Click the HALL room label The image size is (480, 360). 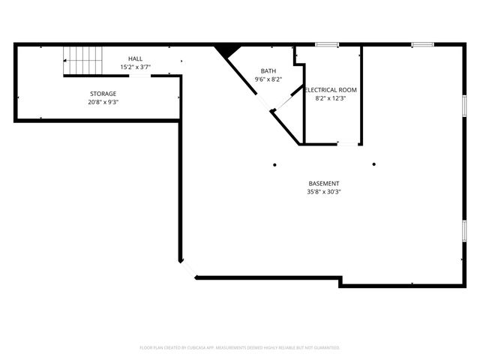(x=135, y=58)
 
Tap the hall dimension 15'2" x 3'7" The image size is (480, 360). (x=135, y=67)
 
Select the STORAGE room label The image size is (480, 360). (x=103, y=94)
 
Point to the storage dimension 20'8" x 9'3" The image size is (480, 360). (x=103, y=102)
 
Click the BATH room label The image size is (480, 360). (x=268, y=71)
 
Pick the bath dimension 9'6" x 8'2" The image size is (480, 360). (x=268, y=79)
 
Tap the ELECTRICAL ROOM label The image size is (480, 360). (x=331, y=90)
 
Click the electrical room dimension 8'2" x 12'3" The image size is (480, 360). (x=331, y=98)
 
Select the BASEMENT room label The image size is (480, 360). (x=324, y=184)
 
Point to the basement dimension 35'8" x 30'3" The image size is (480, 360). (x=324, y=192)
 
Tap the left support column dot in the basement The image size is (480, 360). (x=274, y=164)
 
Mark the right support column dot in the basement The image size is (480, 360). (x=373, y=164)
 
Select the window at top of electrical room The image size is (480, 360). (x=326, y=44)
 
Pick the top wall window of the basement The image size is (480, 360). (x=422, y=44)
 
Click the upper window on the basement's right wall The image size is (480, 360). (x=464, y=104)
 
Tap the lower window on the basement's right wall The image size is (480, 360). (x=464, y=229)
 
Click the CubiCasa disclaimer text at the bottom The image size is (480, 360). (x=240, y=348)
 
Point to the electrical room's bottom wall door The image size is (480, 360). (x=347, y=143)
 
